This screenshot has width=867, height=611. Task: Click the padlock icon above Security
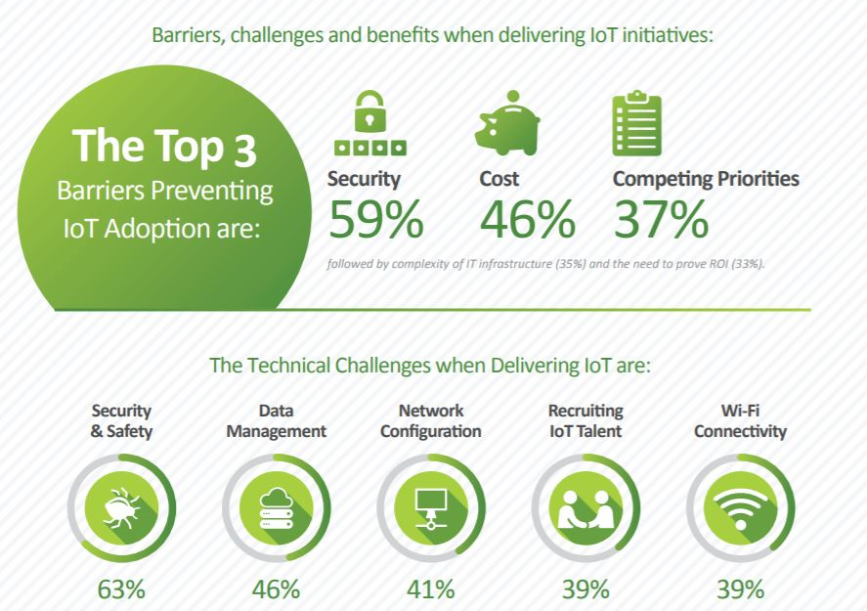tap(369, 123)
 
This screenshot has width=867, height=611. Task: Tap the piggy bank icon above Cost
tap(507, 123)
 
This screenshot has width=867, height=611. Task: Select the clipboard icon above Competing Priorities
tap(636, 123)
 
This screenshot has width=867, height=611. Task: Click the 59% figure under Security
tap(376, 220)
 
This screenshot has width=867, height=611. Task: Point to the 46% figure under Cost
tap(528, 220)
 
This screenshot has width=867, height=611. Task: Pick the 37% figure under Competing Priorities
tap(661, 220)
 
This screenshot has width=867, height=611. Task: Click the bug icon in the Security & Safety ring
tap(121, 507)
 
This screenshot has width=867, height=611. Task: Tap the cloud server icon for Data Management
tap(276, 507)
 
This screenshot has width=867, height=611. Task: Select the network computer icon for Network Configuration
tap(431, 508)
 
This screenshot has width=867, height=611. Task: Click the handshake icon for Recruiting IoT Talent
tap(585, 508)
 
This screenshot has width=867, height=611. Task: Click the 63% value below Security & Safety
tap(121, 589)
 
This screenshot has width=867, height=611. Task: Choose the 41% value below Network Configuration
tap(431, 589)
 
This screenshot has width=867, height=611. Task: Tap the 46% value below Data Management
tap(276, 589)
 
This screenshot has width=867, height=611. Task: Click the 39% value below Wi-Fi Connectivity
tap(740, 589)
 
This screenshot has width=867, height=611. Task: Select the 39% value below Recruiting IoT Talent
tap(585, 589)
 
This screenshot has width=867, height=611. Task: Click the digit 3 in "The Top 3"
tap(245, 151)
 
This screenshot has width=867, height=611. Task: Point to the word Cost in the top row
tap(499, 179)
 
